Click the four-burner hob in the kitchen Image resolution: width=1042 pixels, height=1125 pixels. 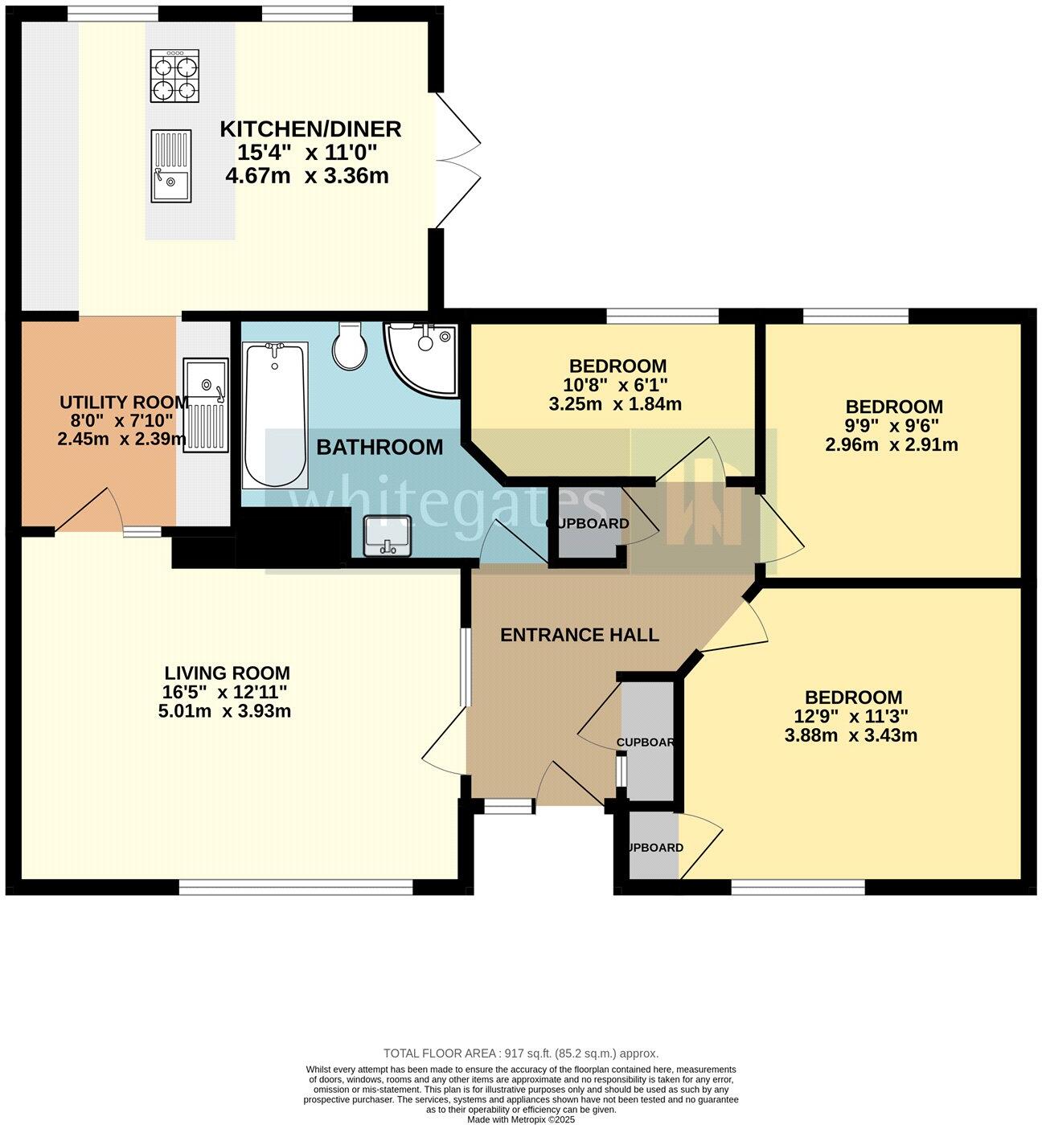(174, 76)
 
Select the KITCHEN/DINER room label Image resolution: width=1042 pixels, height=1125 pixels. (310, 129)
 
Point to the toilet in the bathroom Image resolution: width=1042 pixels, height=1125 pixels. (351, 346)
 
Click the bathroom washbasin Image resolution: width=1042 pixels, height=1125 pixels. (387, 536)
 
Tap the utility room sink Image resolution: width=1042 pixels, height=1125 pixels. (206, 405)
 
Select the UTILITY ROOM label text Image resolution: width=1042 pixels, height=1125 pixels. (124, 402)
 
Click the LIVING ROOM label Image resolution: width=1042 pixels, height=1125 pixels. (227, 673)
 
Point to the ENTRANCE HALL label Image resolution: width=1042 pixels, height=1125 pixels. (579, 635)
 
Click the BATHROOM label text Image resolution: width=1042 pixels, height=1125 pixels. (379, 448)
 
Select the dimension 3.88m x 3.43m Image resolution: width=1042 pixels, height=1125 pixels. (851, 735)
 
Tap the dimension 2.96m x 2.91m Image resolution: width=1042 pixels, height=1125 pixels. (891, 444)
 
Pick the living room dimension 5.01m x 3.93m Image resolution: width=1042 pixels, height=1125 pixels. (225, 711)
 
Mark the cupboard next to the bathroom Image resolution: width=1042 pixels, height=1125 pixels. (587, 524)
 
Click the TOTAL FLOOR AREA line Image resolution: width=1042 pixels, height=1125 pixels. (520, 1053)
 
